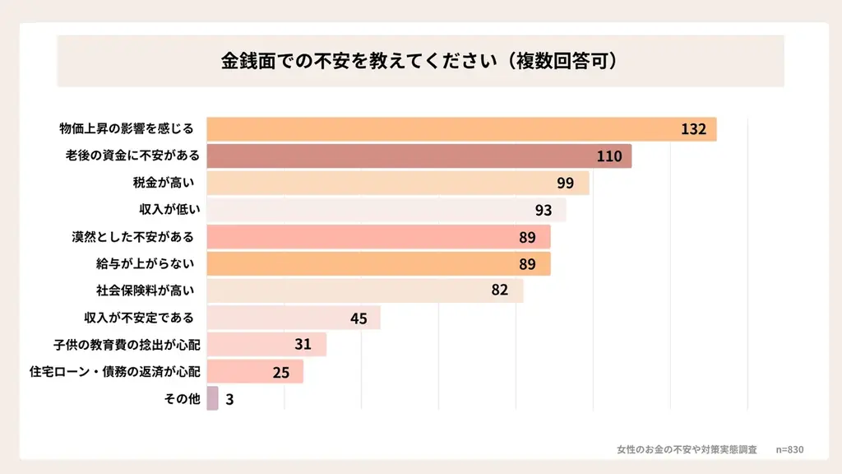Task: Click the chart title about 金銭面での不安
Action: [x=419, y=61]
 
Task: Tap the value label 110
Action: [x=608, y=156]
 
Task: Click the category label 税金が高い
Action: [x=167, y=183]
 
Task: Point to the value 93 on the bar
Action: [x=543, y=210]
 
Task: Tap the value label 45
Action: [x=359, y=318]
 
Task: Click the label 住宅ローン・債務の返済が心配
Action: [x=114, y=371]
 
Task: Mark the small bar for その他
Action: [x=212, y=398]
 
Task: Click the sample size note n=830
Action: [x=789, y=449]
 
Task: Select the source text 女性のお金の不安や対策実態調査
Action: [x=687, y=449]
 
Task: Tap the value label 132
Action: [x=693, y=129]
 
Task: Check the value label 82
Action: [x=500, y=290]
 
